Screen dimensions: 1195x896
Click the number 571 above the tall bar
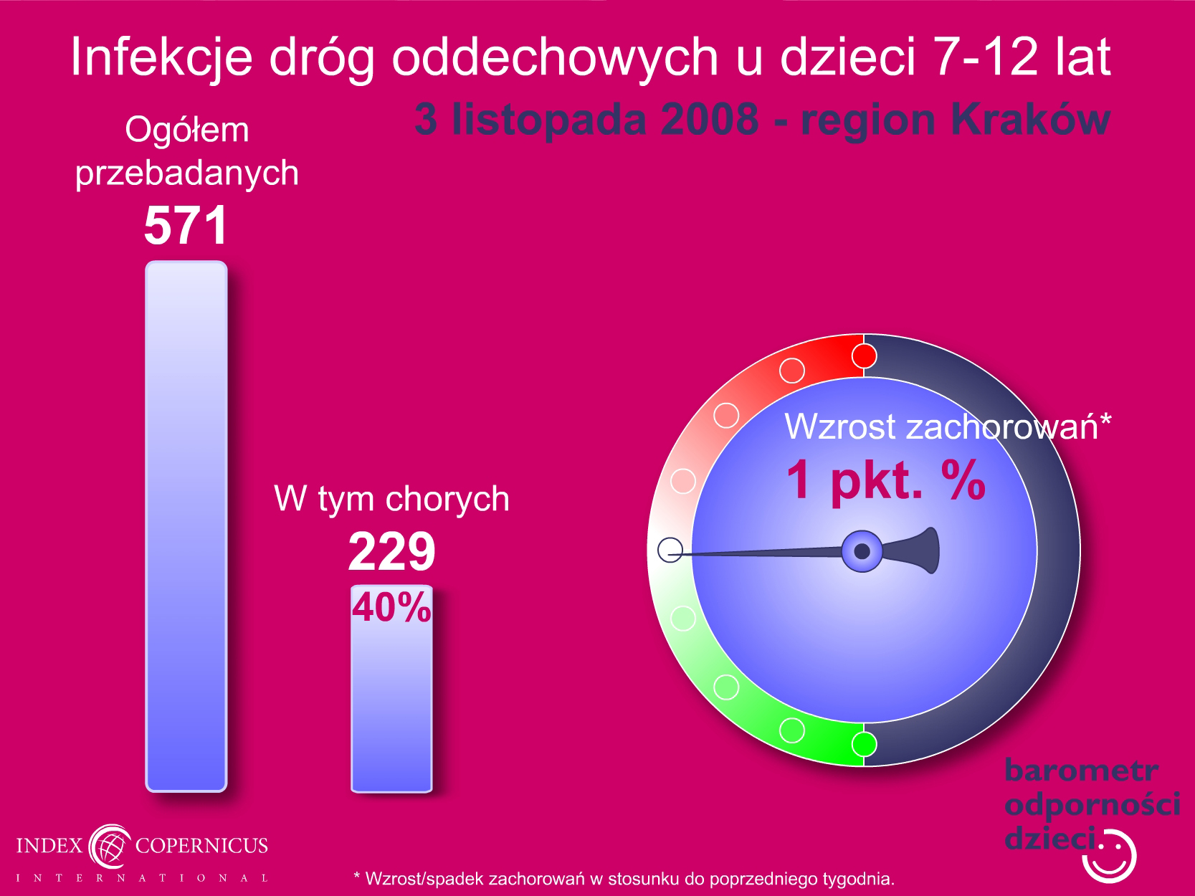pyautogui.click(x=186, y=225)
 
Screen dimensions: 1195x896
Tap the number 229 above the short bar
pyautogui.click(x=391, y=552)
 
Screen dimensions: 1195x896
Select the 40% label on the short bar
pyautogui.click(x=391, y=607)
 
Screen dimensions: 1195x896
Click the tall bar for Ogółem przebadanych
pyautogui.click(x=186, y=526)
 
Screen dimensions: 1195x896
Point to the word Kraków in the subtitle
pyautogui.click(x=1031, y=119)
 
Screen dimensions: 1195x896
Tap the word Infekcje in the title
pyautogui.click(x=162, y=57)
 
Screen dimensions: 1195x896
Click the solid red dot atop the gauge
pyautogui.click(x=864, y=356)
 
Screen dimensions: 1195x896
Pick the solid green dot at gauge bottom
pyautogui.click(x=864, y=744)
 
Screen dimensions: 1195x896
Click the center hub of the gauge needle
pyautogui.click(x=862, y=551)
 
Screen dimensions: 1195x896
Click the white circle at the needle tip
pyautogui.click(x=670, y=550)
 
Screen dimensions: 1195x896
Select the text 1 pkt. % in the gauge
pyautogui.click(x=886, y=480)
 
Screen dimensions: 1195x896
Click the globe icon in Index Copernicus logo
pyautogui.click(x=110, y=847)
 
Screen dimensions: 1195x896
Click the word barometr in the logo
pyautogui.click(x=1081, y=771)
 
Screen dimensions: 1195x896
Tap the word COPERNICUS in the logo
pyautogui.click(x=201, y=845)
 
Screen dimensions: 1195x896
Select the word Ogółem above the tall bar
pyautogui.click(x=186, y=130)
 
